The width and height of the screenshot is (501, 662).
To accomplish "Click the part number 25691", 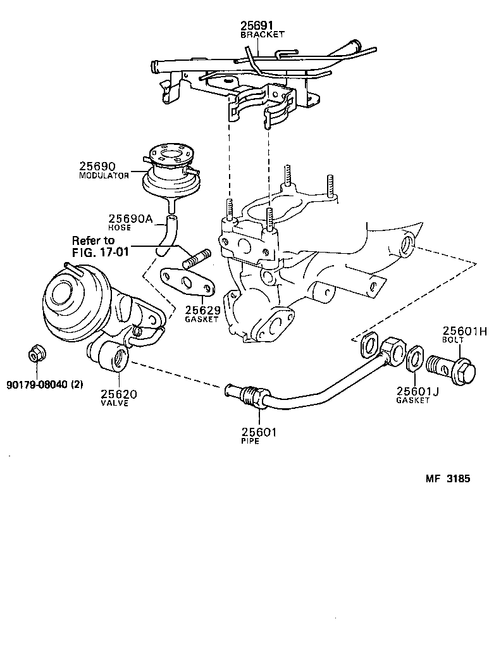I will (257, 26).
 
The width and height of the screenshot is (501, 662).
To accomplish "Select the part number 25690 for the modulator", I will (97, 166).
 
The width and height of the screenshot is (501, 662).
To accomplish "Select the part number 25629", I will (202, 310).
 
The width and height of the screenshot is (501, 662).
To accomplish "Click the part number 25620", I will (119, 394).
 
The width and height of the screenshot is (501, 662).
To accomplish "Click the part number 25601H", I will (464, 330).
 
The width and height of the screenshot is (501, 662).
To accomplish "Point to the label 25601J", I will (417, 392).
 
